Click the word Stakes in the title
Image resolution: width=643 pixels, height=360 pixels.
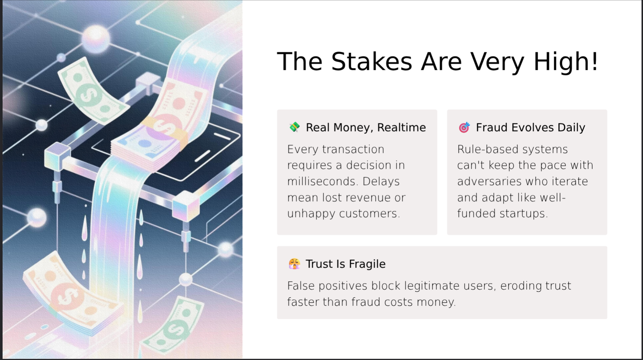coord(371,61)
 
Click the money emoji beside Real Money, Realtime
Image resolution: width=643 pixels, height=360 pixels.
coord(294,127)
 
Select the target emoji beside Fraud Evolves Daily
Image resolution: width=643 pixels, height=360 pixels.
coord(464,127)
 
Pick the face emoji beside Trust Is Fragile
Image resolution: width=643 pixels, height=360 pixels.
coord(294,264)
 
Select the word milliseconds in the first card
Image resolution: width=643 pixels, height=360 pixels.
coord(322,181)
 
